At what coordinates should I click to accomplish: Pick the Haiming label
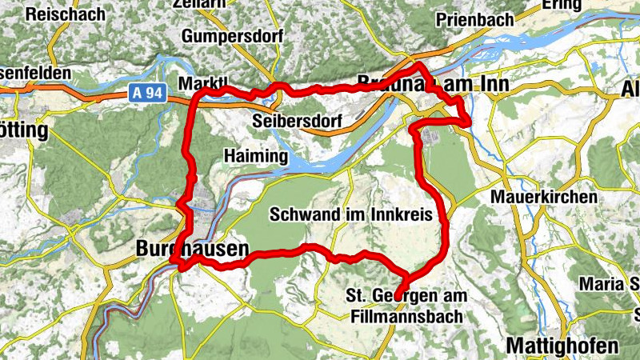click(x=255, y=157)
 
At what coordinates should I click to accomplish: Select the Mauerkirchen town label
click(x=544, y=197)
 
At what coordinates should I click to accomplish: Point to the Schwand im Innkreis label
click(x=351, y=214)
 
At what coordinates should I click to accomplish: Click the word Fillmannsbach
click(x=406, y=317)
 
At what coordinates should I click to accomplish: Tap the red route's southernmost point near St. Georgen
click(x=400, y=294)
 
